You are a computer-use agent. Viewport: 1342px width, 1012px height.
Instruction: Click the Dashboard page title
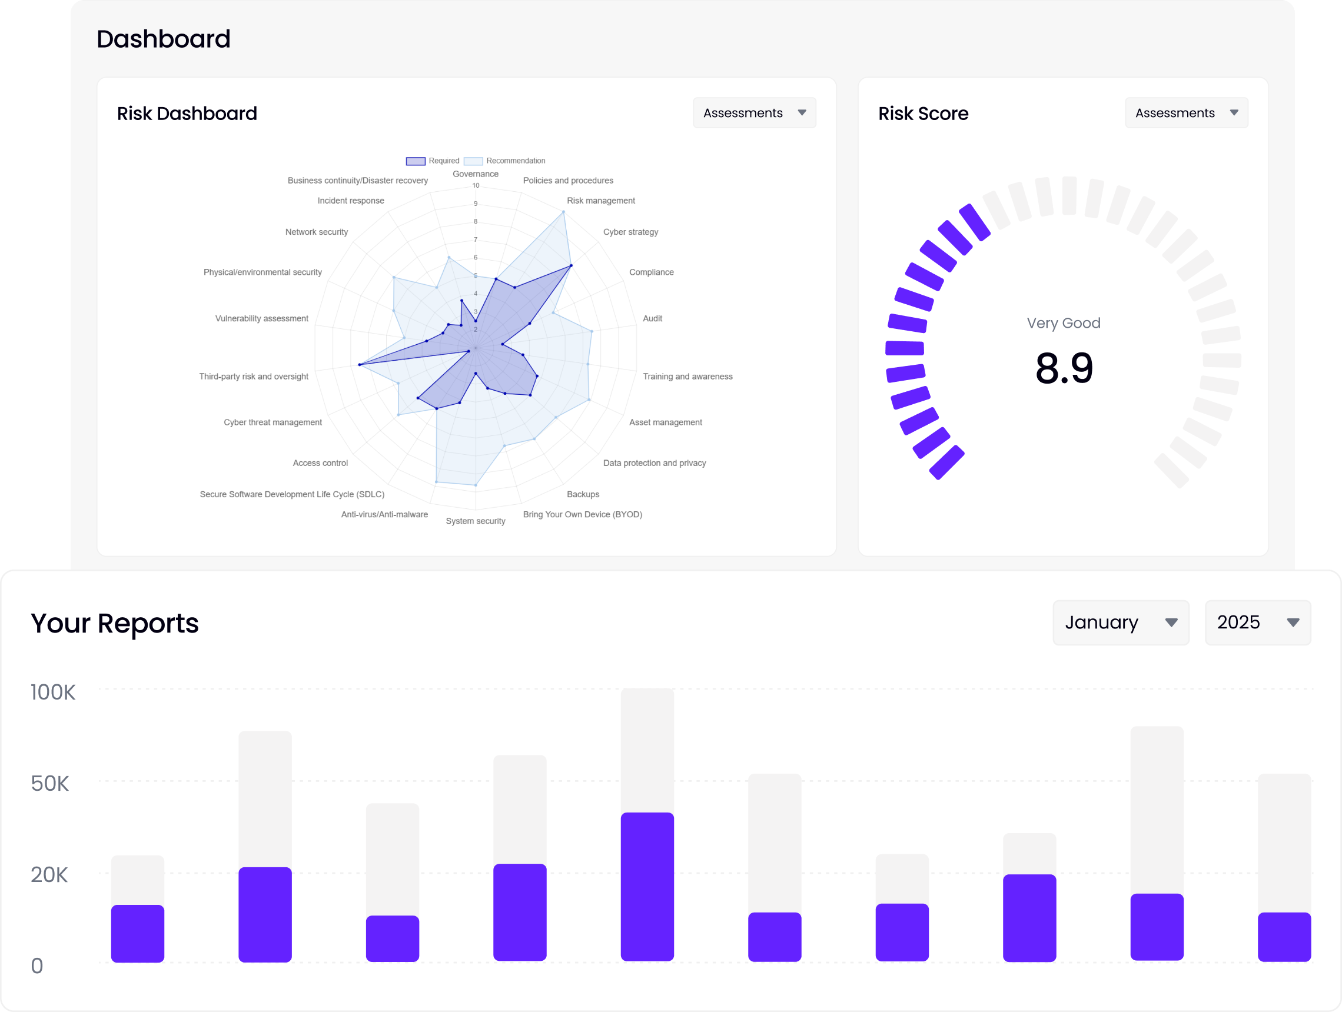click(163, 39)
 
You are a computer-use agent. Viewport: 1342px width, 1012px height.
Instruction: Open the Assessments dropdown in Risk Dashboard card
click(754, 113)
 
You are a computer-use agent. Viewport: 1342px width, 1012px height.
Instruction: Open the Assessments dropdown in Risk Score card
click(1186, 113)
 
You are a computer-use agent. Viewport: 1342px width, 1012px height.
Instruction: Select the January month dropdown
click(1120, 622)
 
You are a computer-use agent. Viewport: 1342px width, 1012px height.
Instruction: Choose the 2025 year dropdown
click(1257, 622)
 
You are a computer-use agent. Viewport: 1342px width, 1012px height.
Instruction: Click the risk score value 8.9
click(1064, 368)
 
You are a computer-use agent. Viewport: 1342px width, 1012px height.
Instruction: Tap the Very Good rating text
click(1063, 322)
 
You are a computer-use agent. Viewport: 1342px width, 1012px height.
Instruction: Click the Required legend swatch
click(416, 161)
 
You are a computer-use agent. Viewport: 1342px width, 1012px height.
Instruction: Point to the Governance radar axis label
click(475, 174)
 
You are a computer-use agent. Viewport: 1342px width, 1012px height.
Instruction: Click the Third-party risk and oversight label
click(254, 377)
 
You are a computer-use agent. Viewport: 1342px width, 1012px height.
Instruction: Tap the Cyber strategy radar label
click(630, 232)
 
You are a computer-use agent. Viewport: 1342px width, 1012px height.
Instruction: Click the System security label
click(475, 521)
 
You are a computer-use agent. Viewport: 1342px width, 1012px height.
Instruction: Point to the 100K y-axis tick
click(53, 692)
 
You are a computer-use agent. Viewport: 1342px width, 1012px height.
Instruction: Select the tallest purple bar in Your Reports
click(647, 886)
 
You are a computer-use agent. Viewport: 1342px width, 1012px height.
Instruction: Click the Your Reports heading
click(115, 622)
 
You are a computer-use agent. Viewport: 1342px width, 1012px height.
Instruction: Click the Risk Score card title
click(923, 114)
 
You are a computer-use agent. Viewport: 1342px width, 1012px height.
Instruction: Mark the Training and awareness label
click(687, 377)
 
